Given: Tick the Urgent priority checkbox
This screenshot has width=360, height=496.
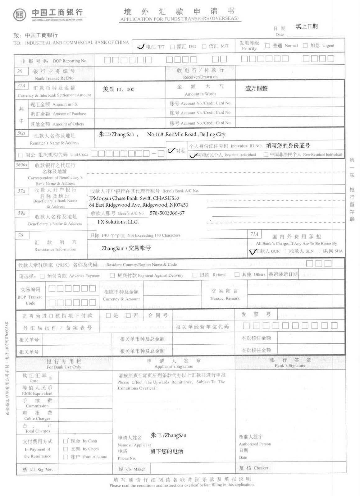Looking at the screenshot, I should coord(305,46).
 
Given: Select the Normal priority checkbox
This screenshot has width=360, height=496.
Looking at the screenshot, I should coord(267,46).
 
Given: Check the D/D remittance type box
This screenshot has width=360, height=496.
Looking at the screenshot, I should coord(172,47).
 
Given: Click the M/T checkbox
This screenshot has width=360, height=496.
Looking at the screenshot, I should coord(204,47).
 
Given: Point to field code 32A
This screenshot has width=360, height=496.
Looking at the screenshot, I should coord(21,85).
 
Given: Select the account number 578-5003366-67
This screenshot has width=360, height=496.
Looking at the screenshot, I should coord(167,213).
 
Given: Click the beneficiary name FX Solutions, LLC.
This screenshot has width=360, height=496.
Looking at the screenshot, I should coord(118,222).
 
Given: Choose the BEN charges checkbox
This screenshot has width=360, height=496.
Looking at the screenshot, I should coord(287,251).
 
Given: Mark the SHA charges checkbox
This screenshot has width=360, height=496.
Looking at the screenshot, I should coord(321,251).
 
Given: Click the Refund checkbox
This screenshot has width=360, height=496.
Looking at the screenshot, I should coord(195,275).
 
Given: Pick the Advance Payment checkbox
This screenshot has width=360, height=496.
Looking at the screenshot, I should coord(42,276).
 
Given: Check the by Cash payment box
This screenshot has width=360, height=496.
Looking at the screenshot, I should coord(66,441).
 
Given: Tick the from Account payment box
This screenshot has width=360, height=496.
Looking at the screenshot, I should coord(66,457).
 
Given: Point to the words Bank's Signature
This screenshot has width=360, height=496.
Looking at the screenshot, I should coord(290,366).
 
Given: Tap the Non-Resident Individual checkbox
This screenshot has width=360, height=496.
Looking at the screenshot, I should coord(266,154).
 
